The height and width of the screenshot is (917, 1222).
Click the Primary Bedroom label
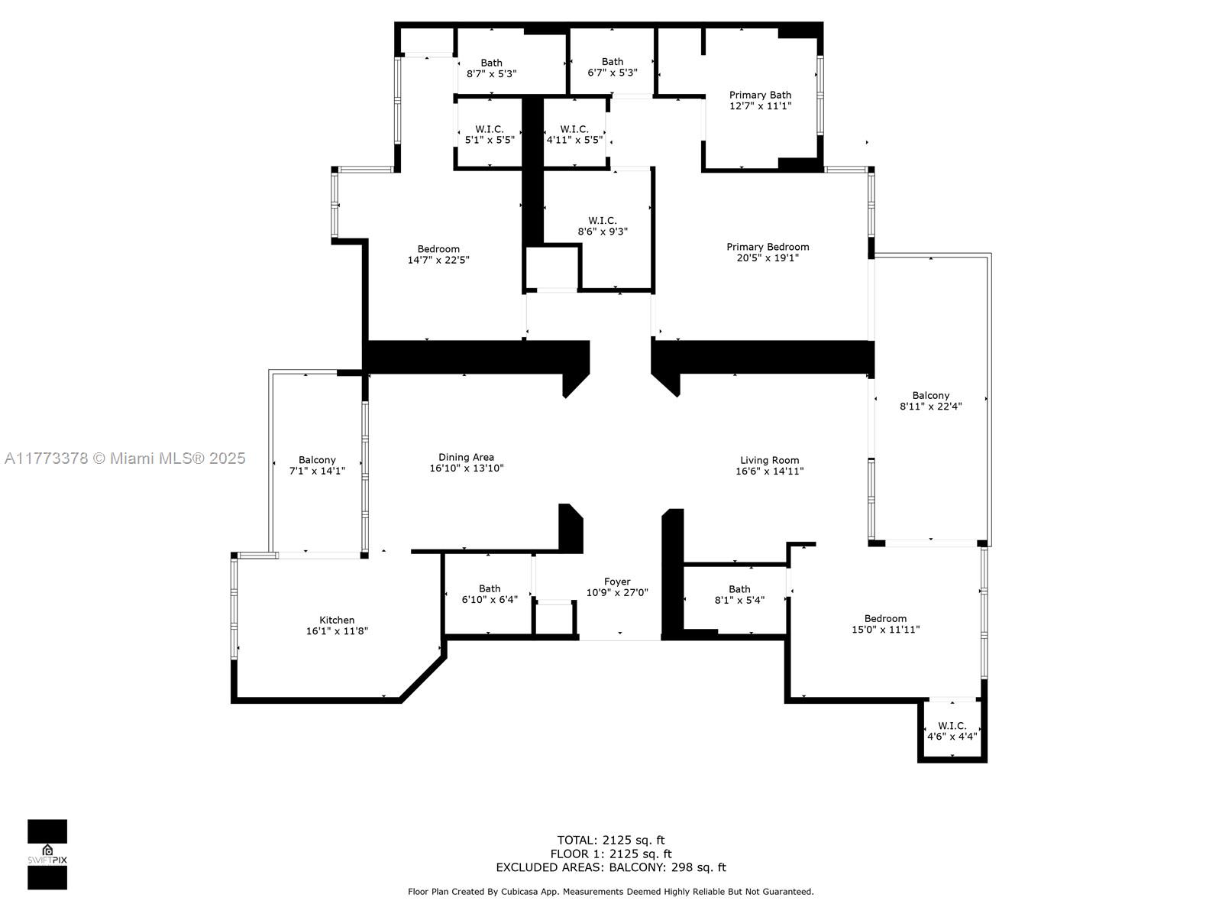click(x=767, y=247)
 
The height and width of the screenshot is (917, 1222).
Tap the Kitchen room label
click(x=337, y=620)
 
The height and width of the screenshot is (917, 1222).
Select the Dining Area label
click(x=466, y=457)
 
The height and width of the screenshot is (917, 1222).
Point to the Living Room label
click(x=769, y=461)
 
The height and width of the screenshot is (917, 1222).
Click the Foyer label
click(x=617, y=582)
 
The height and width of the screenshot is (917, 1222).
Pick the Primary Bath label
click(x=760, y=96)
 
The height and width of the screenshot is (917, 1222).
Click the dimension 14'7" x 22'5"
click(x=438, y=260)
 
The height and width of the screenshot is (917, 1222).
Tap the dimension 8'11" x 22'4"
click(x=931, y=407)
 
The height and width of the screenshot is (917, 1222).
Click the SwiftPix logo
click(x=47, y=854)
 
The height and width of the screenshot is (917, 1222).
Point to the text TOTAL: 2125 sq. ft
click(x=611, y=840)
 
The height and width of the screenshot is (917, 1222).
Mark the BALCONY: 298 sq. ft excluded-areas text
click(x=668, y=867)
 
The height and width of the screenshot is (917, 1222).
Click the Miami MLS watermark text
click(x=125, y=458)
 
